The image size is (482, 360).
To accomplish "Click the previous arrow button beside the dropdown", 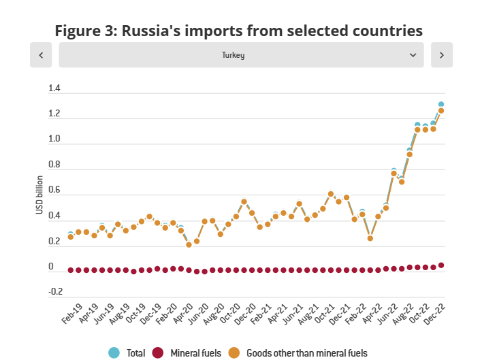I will (x=41, y=55).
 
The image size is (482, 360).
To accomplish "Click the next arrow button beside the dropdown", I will (x=442, y=55).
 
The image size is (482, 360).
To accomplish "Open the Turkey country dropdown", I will (x=242, y=55).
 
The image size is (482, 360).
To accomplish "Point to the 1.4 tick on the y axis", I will (x=54, y=88).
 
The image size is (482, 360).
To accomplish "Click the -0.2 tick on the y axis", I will (x=54, y=292).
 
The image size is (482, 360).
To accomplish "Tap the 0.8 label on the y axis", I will (x=54, y=165).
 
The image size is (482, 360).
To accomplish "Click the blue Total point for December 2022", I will (x=441, y=104).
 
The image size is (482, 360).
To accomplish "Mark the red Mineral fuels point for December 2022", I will (x=441, y=265).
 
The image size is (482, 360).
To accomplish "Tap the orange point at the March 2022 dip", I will (x=370, y=238).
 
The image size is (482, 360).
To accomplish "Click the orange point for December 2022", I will (x=441, y=110).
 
